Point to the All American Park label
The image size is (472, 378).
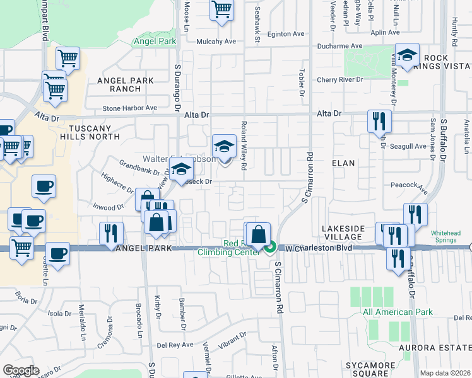[x=397, y=312]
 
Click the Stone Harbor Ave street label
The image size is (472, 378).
[x=129, y=108]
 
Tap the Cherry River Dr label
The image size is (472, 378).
[x=340, y=80]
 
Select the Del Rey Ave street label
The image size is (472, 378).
[x=170, y=345]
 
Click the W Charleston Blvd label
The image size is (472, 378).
[x=313, y=248]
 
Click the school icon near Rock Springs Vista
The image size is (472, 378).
[x=407, y=55]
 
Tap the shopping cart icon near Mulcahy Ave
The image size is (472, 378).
[x=221, y=9]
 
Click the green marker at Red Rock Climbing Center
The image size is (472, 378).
[x=270, y=248]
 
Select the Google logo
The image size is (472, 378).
[x=21, y=370]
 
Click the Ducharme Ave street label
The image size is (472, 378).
[x=339, y=46]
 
